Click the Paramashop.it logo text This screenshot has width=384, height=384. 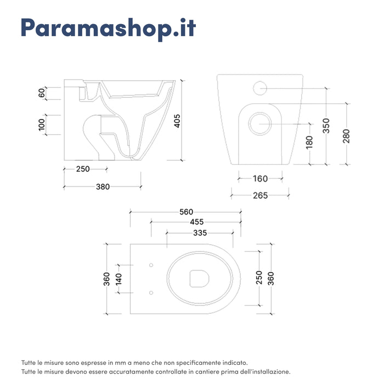(108, 29)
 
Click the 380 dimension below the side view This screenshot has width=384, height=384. (103, 187)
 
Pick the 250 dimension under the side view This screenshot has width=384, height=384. (82, 169)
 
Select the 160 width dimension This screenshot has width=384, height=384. (260, 178)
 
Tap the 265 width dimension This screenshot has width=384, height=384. (260, 195)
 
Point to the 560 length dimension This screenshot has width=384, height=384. (185, 212)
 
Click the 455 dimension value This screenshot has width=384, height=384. (195, 222)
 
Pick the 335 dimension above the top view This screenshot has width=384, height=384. (200, 233)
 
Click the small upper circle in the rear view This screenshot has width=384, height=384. (260, 87)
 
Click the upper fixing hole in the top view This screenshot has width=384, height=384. (151, 266)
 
